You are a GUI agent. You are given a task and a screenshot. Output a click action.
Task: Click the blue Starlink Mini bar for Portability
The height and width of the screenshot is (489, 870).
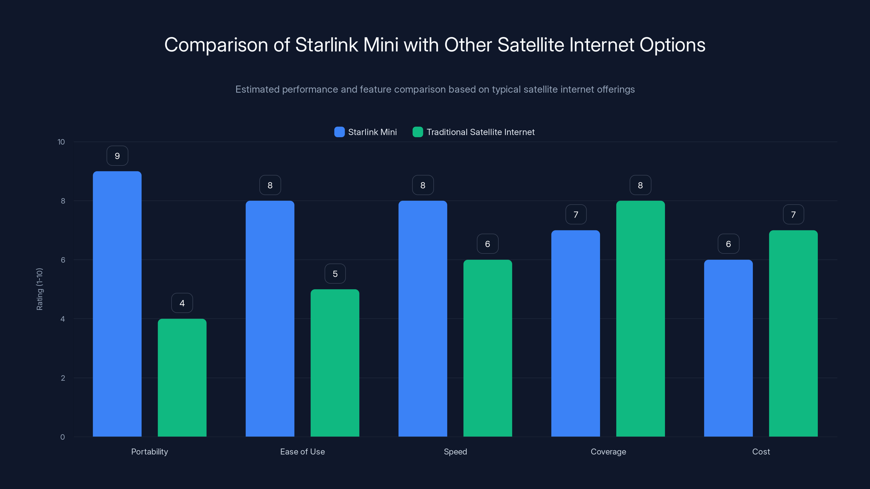(117, 304)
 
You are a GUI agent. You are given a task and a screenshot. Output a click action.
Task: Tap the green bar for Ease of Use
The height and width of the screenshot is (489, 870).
(335, 363)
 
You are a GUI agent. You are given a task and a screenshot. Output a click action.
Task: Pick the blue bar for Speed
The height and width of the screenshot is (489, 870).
(422, 319)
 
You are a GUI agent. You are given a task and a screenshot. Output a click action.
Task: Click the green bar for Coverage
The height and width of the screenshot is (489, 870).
(640, 319)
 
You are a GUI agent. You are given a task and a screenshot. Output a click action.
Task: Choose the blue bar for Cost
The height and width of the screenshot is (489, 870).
(728, 348)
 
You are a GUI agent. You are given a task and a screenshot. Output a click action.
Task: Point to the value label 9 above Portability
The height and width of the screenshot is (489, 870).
(117, 156)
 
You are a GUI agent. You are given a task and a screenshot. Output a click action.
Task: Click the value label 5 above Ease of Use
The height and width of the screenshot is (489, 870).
(335, 274)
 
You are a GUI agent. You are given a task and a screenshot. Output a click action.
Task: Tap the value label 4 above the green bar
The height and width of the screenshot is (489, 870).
(182, 303)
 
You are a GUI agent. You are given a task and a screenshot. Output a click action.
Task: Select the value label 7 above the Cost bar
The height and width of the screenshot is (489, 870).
(793, 215)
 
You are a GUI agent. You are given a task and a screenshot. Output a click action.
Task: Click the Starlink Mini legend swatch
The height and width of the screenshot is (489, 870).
(339, 132)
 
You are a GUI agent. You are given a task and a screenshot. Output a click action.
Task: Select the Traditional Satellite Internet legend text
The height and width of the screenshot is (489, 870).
(480, 132)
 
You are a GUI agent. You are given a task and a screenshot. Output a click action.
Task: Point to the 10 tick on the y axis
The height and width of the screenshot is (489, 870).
(61, 142)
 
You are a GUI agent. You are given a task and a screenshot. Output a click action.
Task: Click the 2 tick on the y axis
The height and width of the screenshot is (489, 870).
(63, 378)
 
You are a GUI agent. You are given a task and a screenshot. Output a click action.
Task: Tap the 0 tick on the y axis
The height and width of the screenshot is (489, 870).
(63, 437)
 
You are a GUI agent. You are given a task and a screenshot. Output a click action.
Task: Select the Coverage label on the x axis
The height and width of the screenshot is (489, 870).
(608, 452)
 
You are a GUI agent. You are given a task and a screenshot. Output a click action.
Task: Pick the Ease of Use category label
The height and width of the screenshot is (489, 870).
(302, 452)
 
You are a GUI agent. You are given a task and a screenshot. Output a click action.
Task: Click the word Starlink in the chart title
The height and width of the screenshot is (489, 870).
(326, 45)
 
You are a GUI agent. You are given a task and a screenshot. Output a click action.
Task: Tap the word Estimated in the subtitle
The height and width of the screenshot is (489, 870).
(257, 89)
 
